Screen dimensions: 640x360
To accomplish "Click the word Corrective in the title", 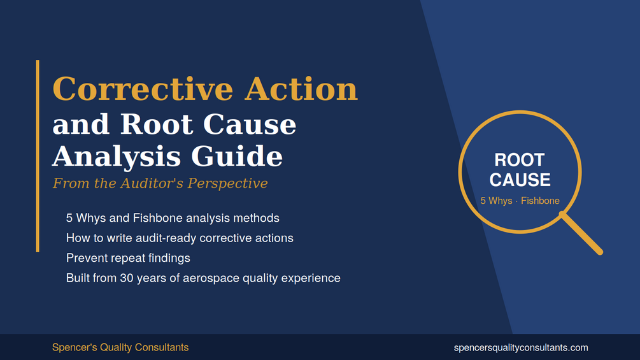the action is (143, 89).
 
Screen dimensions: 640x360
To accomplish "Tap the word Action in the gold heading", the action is (301, 89).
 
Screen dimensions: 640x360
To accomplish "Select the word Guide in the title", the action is (237, 156).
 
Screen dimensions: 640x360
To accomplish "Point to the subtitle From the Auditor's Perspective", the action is (160, 184).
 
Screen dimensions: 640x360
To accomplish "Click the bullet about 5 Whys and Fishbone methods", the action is (173, 218).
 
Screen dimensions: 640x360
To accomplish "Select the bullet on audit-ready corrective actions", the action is (180, 238).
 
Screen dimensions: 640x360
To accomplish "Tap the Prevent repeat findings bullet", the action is (128, 258).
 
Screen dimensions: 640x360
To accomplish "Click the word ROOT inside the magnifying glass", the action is (520, 160).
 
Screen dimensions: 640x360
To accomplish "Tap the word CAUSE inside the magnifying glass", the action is (520, 180).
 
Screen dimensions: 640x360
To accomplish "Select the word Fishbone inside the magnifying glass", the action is (540, 201).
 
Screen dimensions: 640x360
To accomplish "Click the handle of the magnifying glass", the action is (581, 233).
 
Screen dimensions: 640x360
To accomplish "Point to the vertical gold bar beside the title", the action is (38, 156).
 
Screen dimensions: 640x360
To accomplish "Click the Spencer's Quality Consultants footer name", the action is (120, 347).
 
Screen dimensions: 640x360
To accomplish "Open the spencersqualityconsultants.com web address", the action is (521, 348).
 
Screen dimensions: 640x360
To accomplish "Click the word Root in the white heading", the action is (156, 124).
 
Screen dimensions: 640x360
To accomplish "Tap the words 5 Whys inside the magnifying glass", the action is (496, 201).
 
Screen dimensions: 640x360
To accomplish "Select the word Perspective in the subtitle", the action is (227, 184).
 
